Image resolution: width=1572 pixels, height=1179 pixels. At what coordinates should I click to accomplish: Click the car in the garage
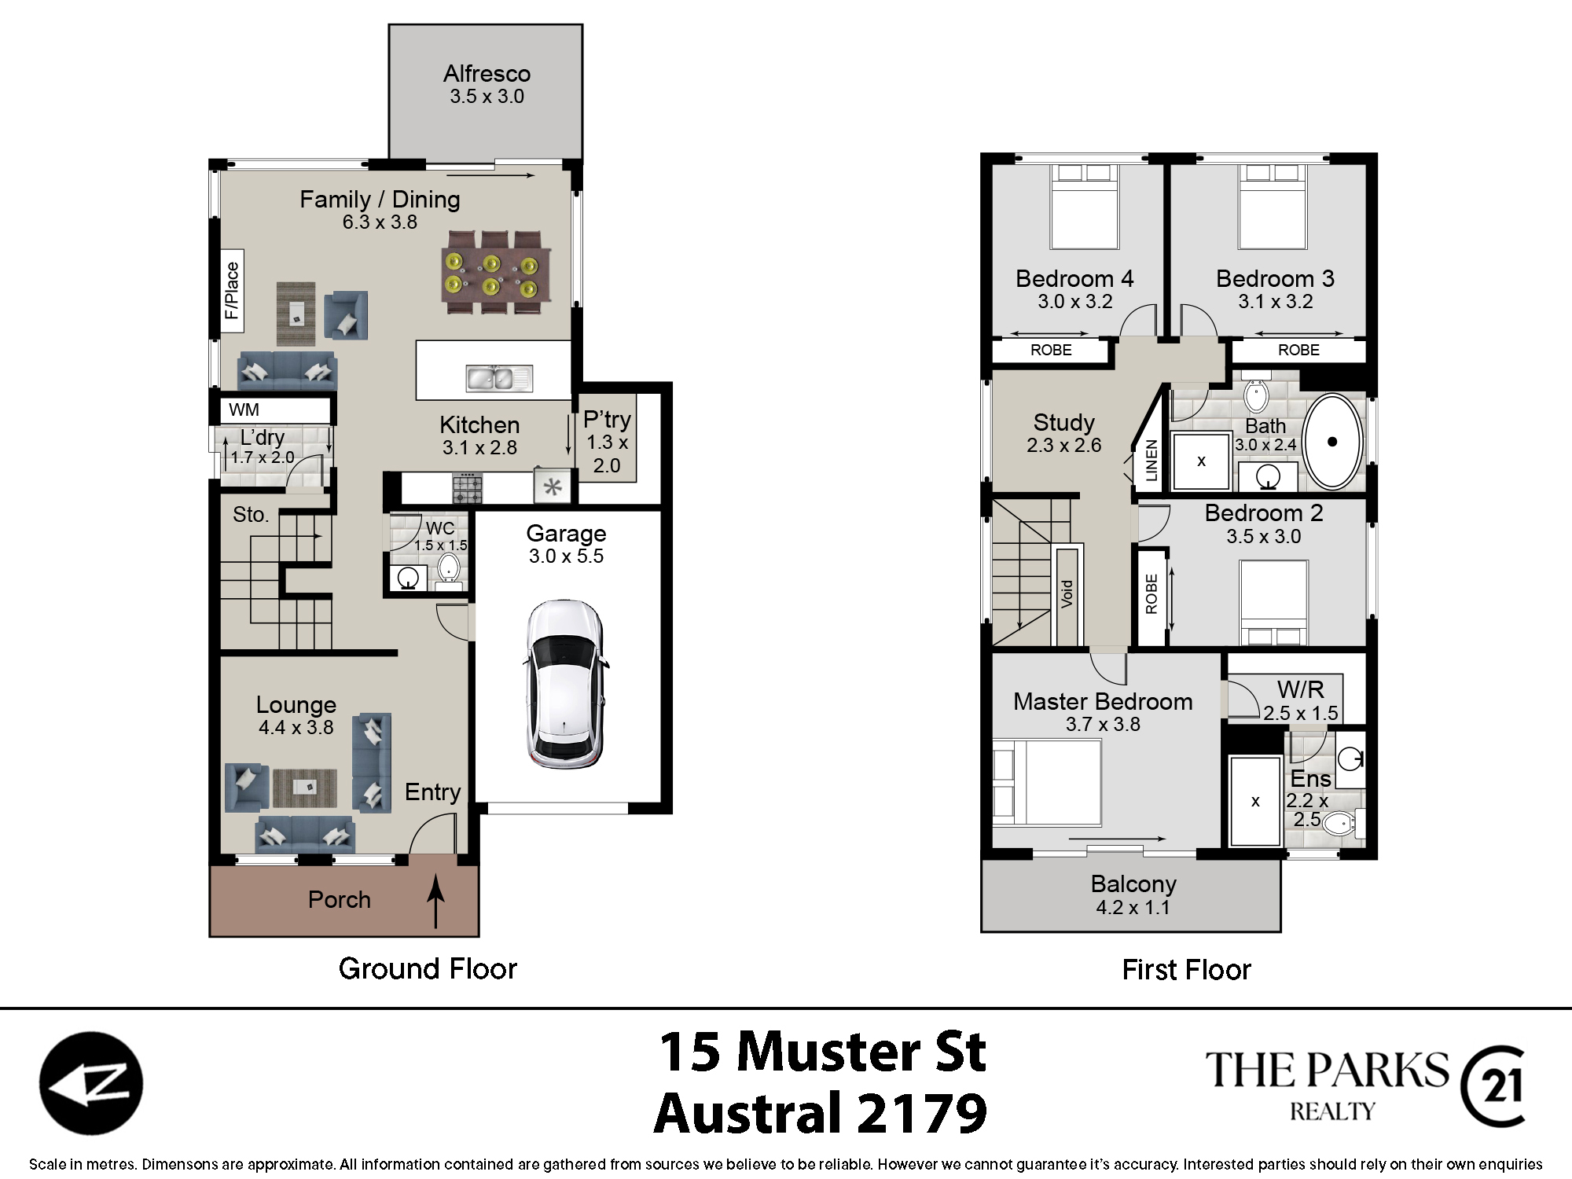click(565, 684)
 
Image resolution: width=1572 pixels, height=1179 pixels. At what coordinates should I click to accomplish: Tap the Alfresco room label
click(487, 74)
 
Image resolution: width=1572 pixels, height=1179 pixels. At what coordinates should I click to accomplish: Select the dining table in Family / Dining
click(496, 273)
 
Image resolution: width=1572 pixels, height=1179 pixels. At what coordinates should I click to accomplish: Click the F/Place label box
click(232, 291)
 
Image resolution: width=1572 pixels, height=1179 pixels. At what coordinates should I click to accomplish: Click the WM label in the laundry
click(244, 410)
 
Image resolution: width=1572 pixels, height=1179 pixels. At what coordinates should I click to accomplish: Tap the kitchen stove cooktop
click(467, 487)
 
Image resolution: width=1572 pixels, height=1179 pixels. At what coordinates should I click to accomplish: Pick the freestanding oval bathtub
click(1332, 442)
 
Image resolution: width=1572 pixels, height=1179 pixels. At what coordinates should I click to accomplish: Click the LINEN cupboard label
click(1151, 460)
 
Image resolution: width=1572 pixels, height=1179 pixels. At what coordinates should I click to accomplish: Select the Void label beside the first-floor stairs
click(1067, 593)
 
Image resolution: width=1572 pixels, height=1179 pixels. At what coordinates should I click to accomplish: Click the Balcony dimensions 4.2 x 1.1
click(1133, 907)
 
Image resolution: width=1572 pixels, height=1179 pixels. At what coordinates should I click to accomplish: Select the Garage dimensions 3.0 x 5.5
click(566, 556)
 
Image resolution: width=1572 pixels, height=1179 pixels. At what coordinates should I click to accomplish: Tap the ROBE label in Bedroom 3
click(1298, 350)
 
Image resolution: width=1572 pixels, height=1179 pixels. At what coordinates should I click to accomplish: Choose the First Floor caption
click(1186, 969)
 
